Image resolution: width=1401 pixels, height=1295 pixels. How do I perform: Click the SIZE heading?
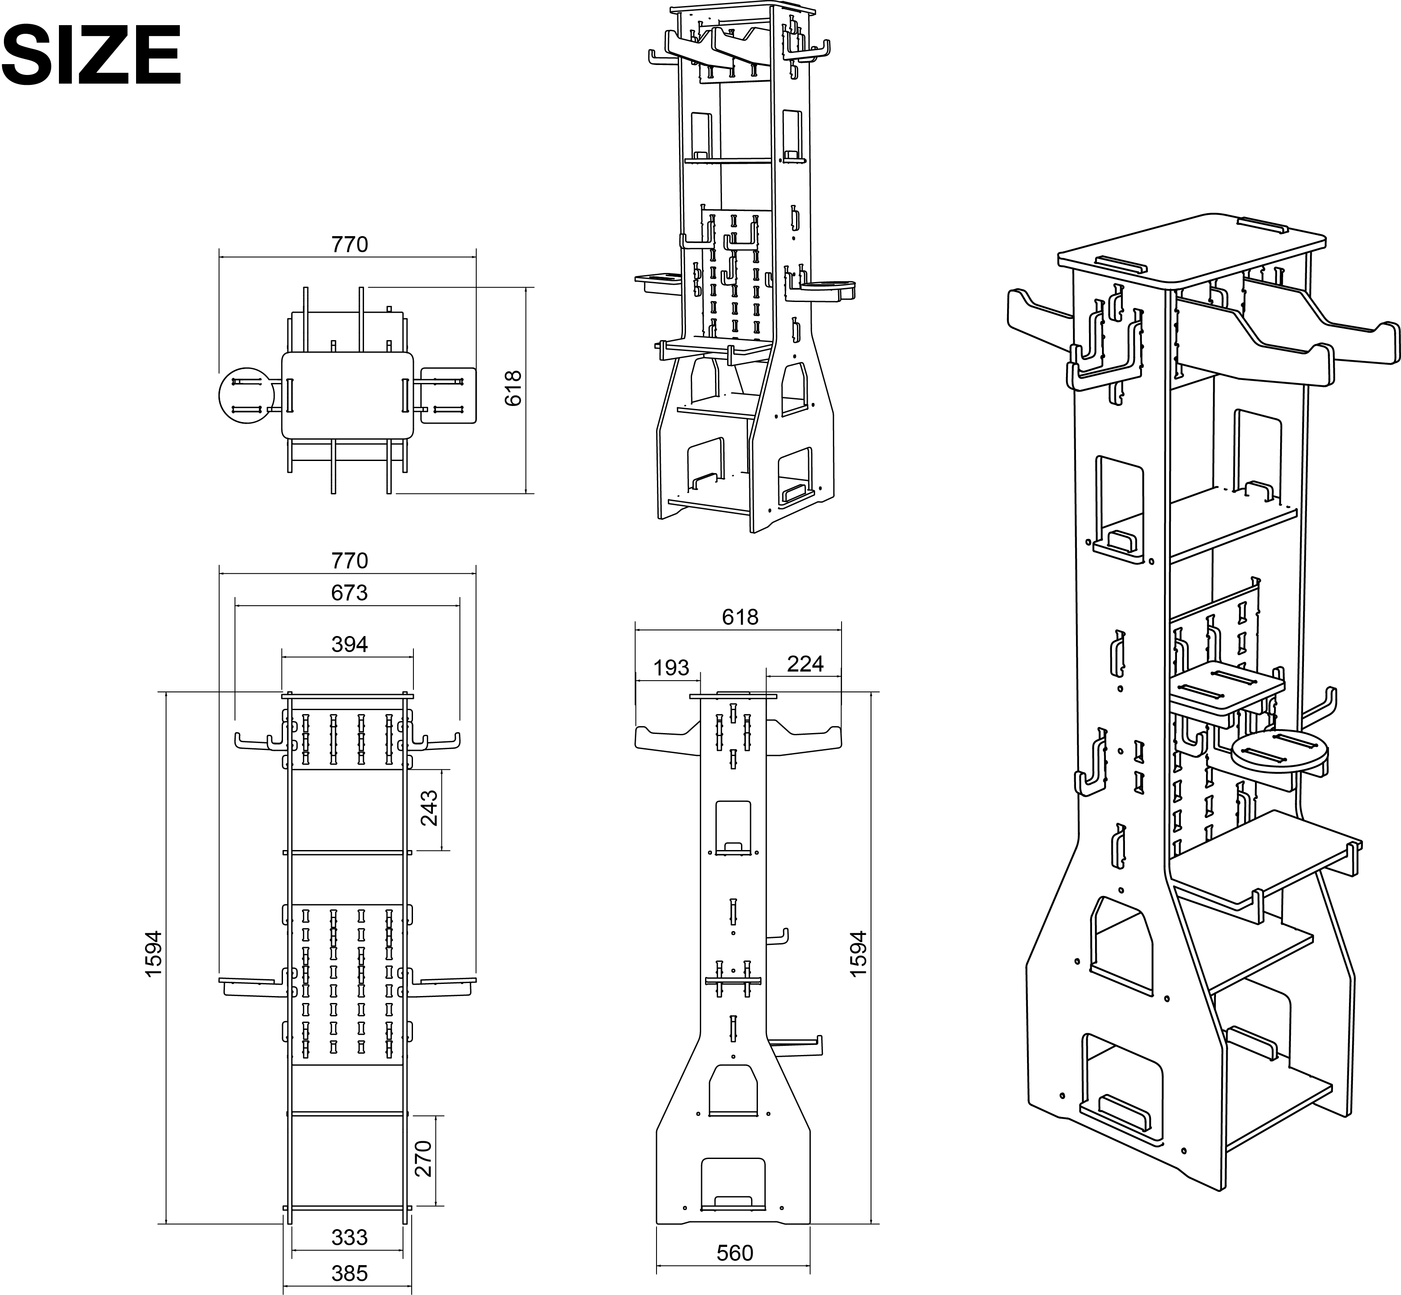92,54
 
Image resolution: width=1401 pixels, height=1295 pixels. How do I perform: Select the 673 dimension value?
349,593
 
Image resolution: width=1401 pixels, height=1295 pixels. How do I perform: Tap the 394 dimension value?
349,644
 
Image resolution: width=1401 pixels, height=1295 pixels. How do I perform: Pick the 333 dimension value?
349,1237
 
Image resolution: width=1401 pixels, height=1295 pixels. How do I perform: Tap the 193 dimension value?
671,667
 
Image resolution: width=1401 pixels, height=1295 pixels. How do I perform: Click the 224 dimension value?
805,664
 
